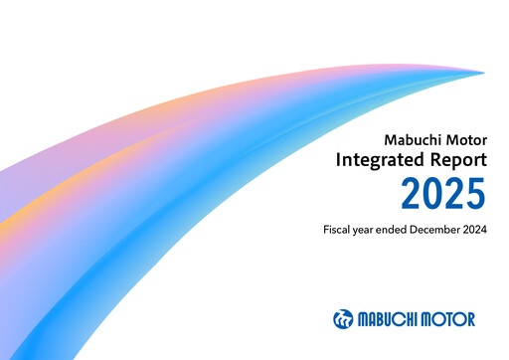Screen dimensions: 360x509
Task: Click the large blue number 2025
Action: (443, 194)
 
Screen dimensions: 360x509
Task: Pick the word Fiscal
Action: (338, 231)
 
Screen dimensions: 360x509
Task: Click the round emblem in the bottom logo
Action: (343, 319)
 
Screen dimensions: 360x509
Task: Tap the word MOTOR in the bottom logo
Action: (449, 319)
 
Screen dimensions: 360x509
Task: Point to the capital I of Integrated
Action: (338, 159)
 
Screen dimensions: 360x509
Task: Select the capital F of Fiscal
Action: (326, 231)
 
